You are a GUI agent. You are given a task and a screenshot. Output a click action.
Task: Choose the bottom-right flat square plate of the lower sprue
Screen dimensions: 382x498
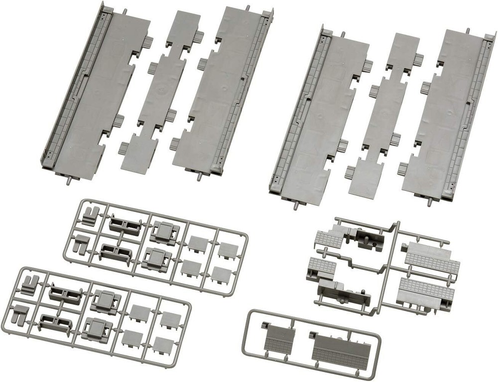click(x=164, y=345)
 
